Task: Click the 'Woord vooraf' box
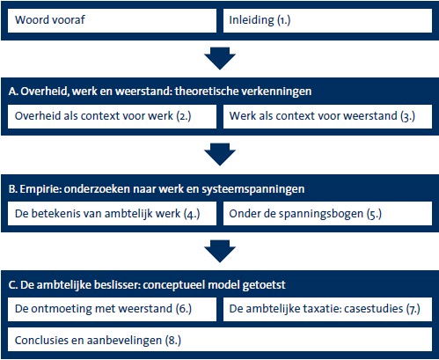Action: pyautogui.click(x=112, y=20)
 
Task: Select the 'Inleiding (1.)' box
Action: pyautogui.click(x=327, y=20)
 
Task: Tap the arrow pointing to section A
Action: pyautogui.click(x=220, y=58)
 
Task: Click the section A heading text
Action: pyautogui.click(x=160, y=92)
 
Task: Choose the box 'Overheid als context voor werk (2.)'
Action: pyautogui.click(x=112, y=116)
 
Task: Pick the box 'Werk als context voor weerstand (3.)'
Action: pyautogui.click(x=327, y=116)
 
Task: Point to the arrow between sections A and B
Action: pyautogui.click(x=220, y=154)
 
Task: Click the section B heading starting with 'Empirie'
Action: pyautogui.click(x=157, y=189)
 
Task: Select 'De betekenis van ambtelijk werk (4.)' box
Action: pyautogui.click(x=112, y=213)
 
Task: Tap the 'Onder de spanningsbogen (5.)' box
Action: pyautogui.click(x=327, y=213)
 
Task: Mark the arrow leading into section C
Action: pyautogui.click(x=220, y=251)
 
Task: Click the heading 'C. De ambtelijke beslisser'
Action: pyautogui.click(x=147, y=285)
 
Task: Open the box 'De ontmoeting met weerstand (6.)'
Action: pyautogui.click(x=112, y=309)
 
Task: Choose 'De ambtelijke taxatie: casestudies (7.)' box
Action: pyautogui.click(x=327, y=309)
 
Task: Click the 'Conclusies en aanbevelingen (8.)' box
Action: pyautogui.click(x=220, y=340)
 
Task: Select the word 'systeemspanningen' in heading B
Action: pyautogui.click(x=253, y=189)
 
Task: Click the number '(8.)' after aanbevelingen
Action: pyautogui.click(x=173, y=341)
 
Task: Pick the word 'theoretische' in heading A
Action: pyautogui.click(x=207, y=92)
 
